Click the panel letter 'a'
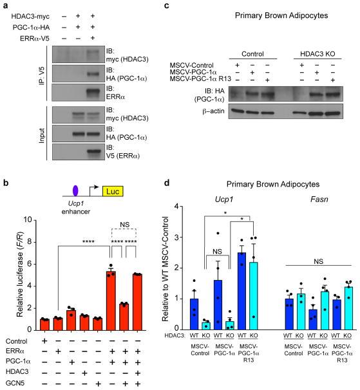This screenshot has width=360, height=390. [x=5, y=6]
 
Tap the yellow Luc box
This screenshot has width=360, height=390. [x=102, y=191]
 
